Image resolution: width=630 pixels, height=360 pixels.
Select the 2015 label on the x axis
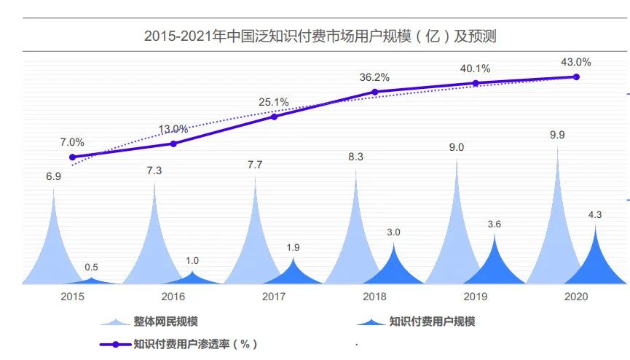[73, 297]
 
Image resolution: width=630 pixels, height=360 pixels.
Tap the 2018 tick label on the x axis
[375, 297]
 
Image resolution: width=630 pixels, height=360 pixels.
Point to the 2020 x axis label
[576, 297]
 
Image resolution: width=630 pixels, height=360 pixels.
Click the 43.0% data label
[576, 62]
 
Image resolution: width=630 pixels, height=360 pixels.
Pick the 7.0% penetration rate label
[72, 142]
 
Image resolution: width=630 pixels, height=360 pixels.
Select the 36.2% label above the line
[374, 77]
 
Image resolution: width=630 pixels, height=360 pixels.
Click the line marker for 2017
[274, 116]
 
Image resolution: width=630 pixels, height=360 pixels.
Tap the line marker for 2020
[576, 77]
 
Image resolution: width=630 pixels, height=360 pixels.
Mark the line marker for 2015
[72, 157]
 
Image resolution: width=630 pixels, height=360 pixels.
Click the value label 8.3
[356, 157]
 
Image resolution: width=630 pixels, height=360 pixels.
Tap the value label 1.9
[294, 248]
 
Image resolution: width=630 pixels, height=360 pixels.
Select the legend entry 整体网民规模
[165, 321]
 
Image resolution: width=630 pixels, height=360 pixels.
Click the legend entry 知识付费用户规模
[432, 321]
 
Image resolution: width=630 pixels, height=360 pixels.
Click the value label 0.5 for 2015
[92, 267]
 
